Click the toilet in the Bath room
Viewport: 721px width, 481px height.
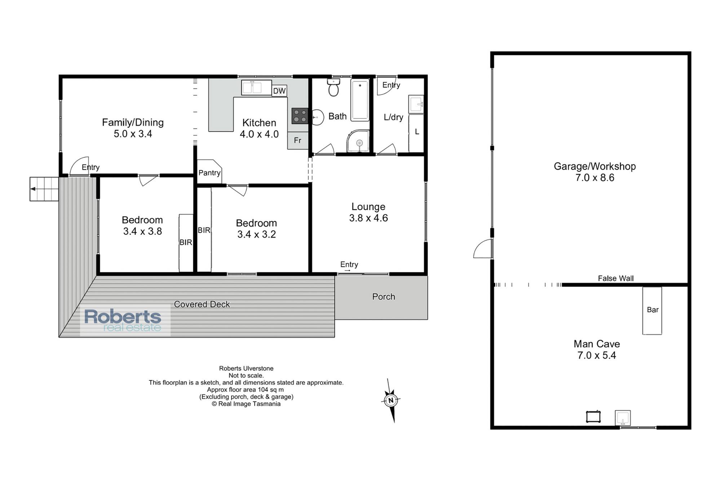pos(333,87)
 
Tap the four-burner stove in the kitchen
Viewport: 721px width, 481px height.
pos(300,116)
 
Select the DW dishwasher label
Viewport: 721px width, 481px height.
pos(279,91)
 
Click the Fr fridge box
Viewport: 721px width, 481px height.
pos(298,140)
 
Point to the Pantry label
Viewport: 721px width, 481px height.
pos(209,173)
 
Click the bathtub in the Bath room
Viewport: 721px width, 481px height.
pos(360,100)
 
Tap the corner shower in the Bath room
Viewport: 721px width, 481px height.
pos(358,141)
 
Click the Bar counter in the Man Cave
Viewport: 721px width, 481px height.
pos(652,311)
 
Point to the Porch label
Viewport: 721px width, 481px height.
pos(384,297)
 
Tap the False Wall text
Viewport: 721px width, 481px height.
pos(616,278)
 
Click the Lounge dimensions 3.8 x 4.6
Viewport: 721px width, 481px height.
pos(368,218)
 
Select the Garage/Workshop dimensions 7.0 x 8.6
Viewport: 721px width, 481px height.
pos(595,178)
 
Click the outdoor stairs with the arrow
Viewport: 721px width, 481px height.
pos(44,189)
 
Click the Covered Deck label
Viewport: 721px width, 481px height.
pos(202,304)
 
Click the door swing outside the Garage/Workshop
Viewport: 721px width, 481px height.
pos(483,249)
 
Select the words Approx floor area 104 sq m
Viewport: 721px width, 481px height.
pos(245,390)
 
